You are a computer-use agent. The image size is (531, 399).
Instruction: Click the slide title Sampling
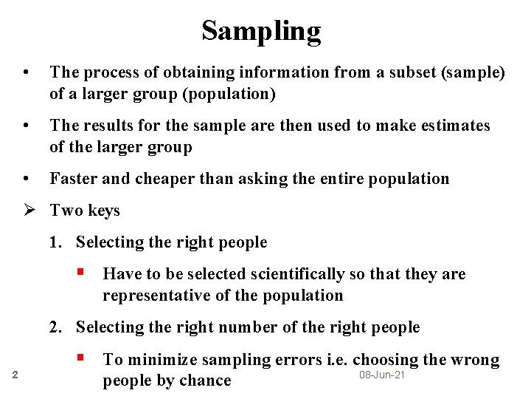[x=261, y=30]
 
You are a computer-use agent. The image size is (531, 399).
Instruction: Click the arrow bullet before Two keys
[x=30, y=211]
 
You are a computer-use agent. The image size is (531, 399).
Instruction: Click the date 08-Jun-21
[x=382, y=376]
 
